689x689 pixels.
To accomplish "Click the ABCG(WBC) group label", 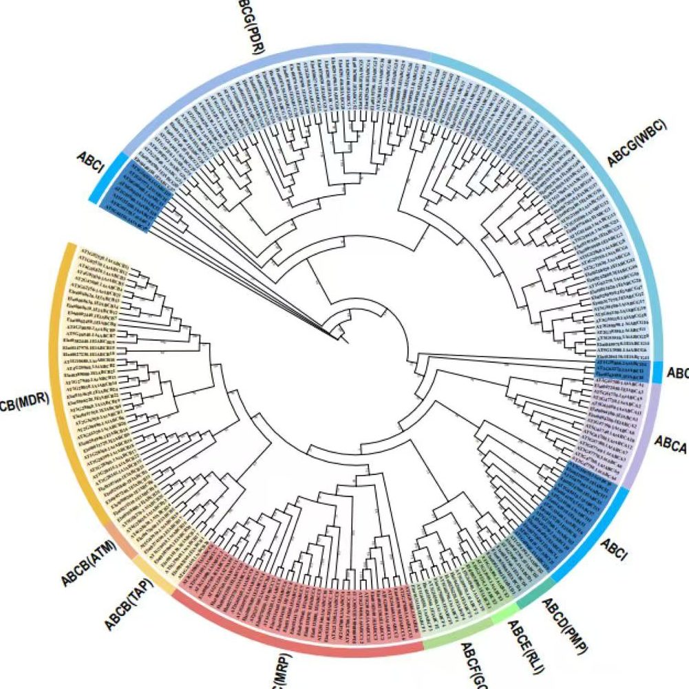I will (637, 147).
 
